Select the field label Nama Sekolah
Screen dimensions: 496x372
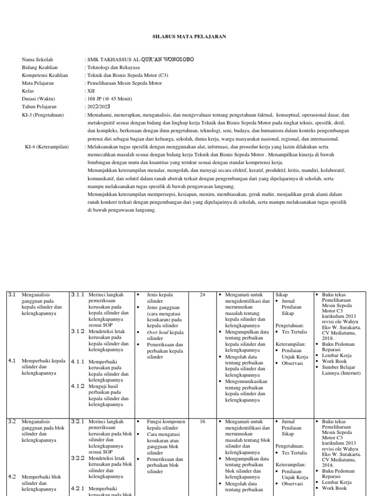[x=37, y=60]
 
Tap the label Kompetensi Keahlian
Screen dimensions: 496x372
[x=45, y=75]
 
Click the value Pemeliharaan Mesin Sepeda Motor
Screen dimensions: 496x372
[x=124, y=83]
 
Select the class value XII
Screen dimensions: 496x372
[x=91, y=91]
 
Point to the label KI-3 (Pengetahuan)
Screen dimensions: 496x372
[x=43, y=114]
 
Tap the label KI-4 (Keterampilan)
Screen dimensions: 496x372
[x=47, y=146]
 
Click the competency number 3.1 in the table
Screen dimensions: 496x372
[x=12, y=294]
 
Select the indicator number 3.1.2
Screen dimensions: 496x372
[x=78, y=331]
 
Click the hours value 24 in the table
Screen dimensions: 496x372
[x=203, y=294]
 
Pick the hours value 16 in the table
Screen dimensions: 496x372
[x=203, y=422]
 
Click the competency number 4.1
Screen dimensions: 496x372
[x=12, y=361]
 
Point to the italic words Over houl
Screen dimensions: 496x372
[x=157, y=332]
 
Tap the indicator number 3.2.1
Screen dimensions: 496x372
[x=78, y=422]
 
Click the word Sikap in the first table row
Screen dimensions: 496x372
[x=281, y=294]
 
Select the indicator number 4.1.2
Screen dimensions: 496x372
[x=78, y=386]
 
